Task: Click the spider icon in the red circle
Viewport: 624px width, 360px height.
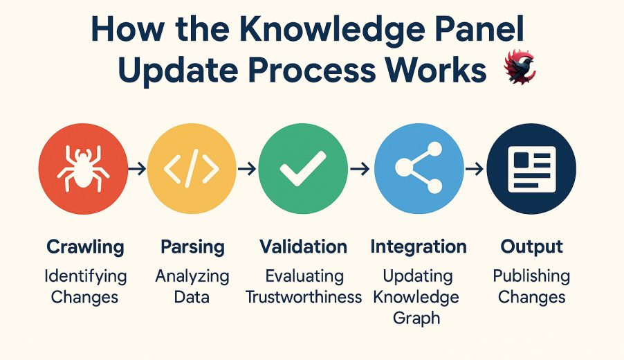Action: (x=83, y=168)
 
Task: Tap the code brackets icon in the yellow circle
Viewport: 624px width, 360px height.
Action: (x=192, y=168)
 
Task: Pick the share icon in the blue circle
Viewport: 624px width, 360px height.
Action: (x=419, y=168)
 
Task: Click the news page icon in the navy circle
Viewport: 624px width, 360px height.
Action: (x=532, y=169)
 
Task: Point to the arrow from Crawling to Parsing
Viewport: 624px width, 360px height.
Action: (x=137, y=169)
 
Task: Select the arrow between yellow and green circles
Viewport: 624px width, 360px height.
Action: (x=247, y=169)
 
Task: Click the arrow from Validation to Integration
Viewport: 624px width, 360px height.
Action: (x=360, y=169)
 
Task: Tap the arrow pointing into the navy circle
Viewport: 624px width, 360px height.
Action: (x=475, y=169)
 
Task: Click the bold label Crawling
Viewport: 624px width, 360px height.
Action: (x=85, y=247)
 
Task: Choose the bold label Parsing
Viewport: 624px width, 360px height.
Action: (x=192, y=247)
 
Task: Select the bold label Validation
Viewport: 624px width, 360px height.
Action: (x=303, y=246)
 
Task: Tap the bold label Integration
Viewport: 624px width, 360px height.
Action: (x=419, y=247)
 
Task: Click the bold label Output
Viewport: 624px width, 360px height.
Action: (x=532, y=247)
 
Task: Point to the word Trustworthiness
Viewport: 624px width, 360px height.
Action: (x=304, y=297)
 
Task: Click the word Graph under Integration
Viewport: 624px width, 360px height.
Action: (x=416, y=318)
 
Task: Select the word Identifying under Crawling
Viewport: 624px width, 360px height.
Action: (x=86, y=276)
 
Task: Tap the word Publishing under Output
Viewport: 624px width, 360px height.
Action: (x=531, y=276)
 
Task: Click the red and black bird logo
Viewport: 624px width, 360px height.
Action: (x=520, y=66)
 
